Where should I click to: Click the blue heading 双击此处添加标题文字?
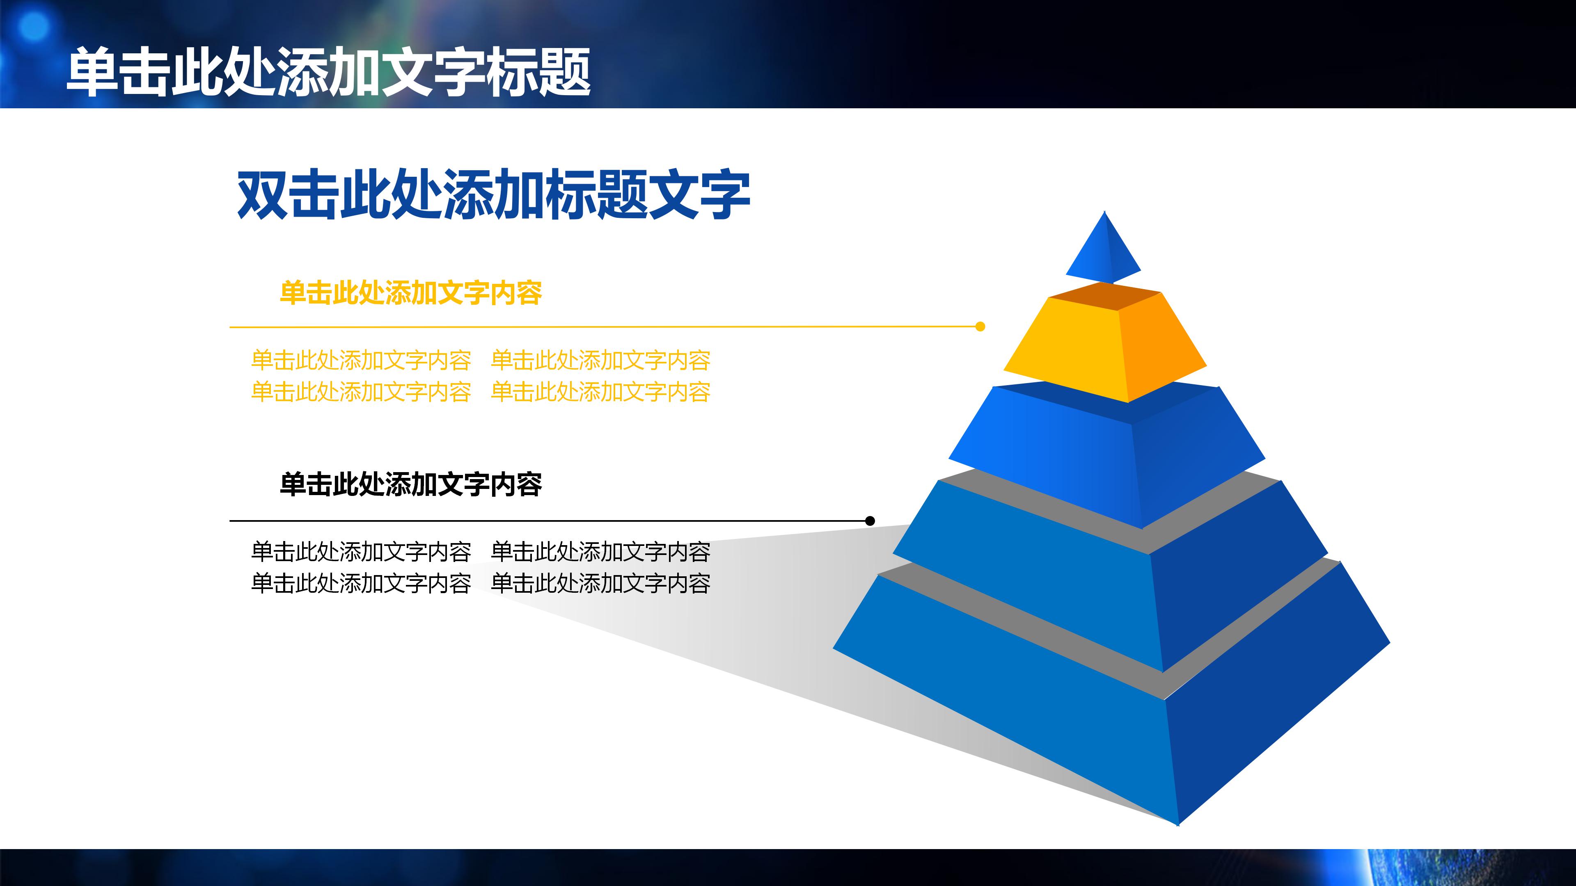(x=493, y=195)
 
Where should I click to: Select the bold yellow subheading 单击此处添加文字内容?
(x=410, y=293)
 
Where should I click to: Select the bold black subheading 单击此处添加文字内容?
(x=410, y=484)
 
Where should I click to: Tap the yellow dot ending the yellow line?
(x=980, y=327)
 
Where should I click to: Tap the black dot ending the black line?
(x=870, y=521)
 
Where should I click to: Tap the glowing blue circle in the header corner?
(x=34, y=26)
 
